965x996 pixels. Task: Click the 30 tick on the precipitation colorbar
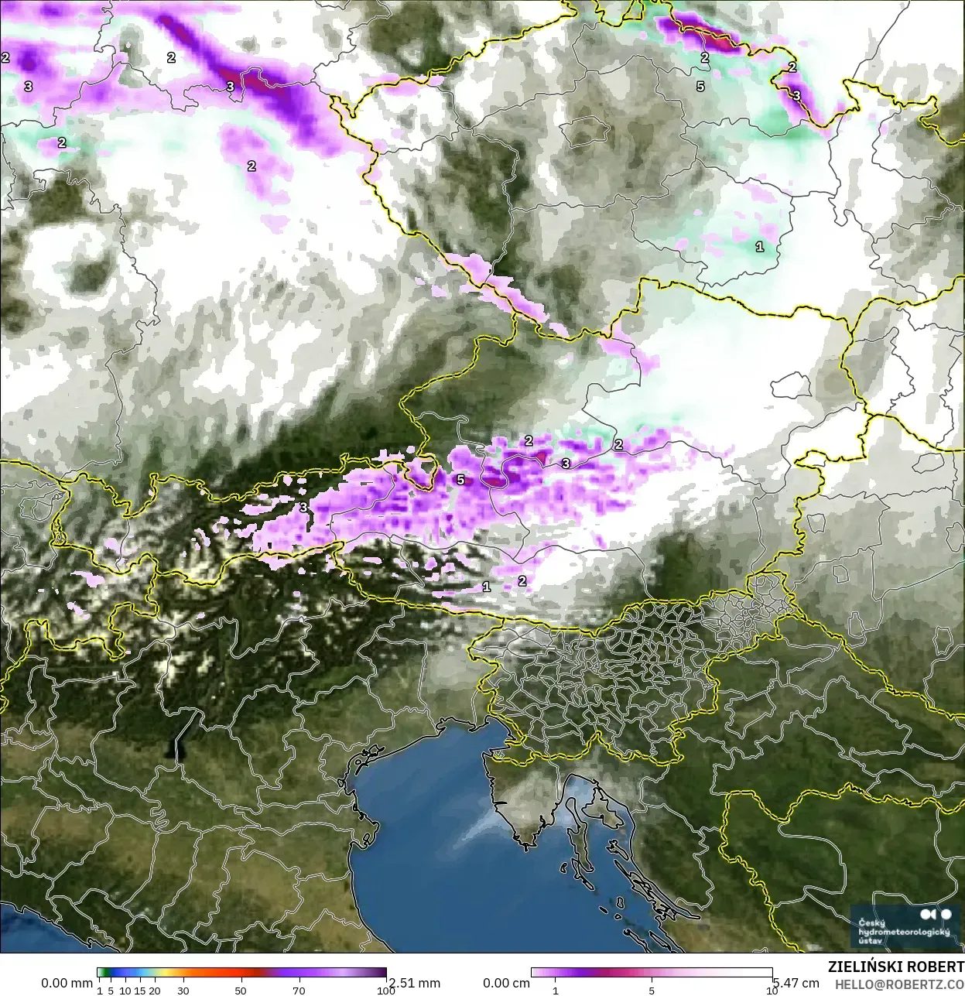[x=183, y=990]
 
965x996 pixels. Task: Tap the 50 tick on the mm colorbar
[x=241, y=990]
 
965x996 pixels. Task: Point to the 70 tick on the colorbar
[x=299, y=990]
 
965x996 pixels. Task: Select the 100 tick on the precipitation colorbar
[x=385, y=990]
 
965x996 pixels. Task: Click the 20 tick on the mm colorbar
[x=155, y=990]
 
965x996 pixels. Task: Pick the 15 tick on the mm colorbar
[x=140, y=990]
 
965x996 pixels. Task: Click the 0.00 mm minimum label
[x=67, y=983]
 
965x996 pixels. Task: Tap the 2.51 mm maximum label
[x=414, y=983]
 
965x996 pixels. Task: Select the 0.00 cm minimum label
[x=507, y=983]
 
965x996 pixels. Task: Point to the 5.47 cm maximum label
[x=796, y=983]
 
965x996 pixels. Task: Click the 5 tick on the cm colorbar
[x=652, y=990]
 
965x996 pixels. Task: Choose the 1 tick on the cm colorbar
[x=556, y=990]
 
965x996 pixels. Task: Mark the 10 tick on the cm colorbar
[x=772, y=990]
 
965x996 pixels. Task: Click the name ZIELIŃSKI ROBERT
[x=895, y=967]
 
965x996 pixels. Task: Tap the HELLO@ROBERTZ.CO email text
[x=899, y=984]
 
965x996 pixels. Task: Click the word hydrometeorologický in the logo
[x=904, y=932]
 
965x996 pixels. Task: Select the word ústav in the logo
[x=871, y=941]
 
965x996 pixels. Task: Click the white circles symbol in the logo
[x=936, y=915]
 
